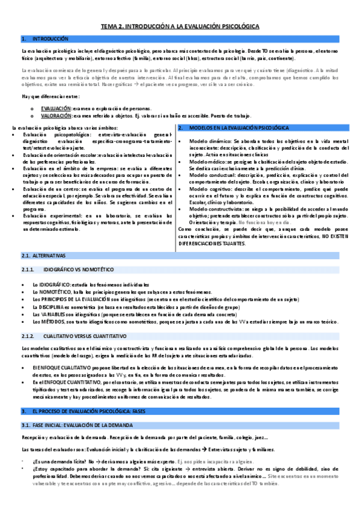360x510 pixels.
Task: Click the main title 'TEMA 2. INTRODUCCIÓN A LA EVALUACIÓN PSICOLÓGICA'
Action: [180, 26]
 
